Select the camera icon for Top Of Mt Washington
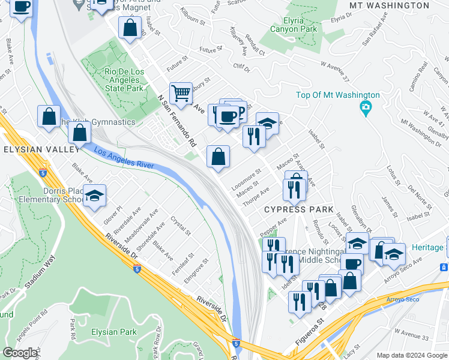364,109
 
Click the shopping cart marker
180,93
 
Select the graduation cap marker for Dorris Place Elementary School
94,196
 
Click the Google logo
20,353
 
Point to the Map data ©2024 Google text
412,355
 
